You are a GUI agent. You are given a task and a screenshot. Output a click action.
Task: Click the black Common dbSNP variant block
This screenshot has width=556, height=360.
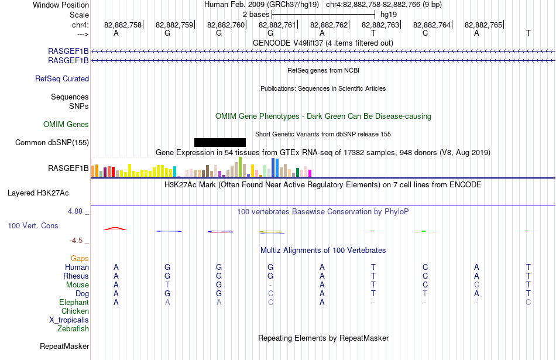220,143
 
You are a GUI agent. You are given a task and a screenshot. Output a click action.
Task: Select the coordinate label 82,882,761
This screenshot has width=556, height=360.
277,25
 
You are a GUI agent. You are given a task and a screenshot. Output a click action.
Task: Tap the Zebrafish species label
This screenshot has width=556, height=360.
73,329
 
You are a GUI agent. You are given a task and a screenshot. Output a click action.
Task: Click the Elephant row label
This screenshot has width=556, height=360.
74,303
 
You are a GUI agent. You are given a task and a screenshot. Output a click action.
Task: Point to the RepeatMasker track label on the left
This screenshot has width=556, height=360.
64,346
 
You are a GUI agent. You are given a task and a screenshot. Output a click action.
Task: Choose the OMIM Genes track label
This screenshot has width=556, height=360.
66,125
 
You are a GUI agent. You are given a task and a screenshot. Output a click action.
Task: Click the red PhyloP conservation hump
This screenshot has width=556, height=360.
115,228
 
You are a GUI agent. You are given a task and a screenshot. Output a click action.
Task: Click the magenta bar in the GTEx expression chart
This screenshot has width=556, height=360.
310,173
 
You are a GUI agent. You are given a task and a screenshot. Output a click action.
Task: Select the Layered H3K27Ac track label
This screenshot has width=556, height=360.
38,193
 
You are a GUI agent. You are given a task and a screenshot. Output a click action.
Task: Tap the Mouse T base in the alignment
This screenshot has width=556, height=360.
167,285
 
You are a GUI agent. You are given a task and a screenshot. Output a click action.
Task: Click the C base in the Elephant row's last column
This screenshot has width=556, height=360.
528,303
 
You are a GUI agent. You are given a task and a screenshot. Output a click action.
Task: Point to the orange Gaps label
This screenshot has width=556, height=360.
80,259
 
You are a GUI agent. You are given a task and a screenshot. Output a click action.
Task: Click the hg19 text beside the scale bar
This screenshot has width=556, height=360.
389,15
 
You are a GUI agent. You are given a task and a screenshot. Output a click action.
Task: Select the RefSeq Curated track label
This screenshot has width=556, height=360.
62,79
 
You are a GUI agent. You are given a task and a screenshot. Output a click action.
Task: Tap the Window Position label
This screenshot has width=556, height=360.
61,5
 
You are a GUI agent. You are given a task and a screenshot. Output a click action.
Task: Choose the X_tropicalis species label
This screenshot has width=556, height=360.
69,320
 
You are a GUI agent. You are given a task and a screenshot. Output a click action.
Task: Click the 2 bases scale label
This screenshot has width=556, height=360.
256,15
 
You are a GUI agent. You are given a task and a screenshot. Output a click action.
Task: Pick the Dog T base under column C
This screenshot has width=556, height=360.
425,294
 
